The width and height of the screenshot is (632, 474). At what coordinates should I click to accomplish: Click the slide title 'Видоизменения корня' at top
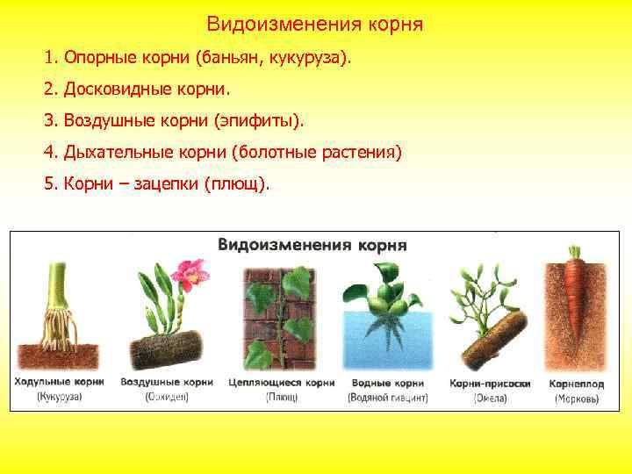[x=315, y=25]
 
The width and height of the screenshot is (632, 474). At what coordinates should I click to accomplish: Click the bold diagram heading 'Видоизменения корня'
[x=312, y=245]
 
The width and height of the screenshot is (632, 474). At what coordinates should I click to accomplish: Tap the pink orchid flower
[x=189, y=275]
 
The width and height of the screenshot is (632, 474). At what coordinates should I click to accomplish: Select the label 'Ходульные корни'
[x=60, y=383]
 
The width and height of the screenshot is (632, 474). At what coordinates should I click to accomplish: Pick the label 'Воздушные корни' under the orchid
[x=167, y=383]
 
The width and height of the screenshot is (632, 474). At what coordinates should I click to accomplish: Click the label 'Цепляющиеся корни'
[x=282, y=383]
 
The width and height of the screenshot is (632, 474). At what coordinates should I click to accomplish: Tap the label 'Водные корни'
[x=388, y=383]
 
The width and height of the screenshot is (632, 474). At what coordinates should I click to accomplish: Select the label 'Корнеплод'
[x=577, y=383]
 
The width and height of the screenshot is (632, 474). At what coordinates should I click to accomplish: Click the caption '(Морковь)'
[x=577, y=399]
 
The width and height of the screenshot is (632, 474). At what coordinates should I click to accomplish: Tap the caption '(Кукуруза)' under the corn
[x=59, y=398]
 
